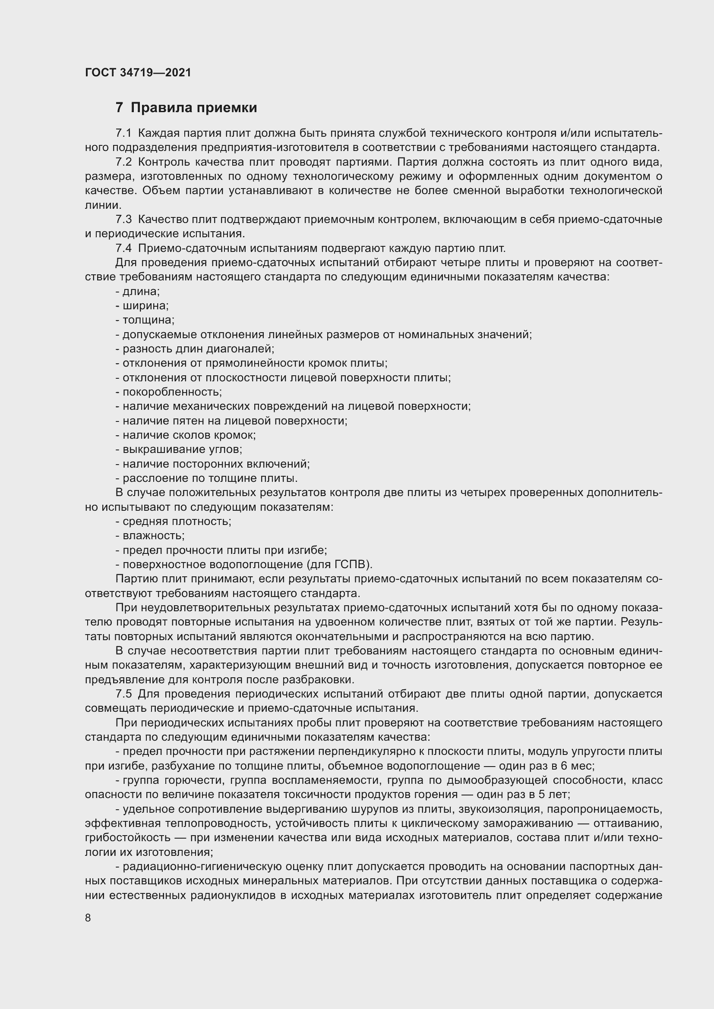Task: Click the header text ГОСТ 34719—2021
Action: (138, 72)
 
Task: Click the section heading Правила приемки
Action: (193, 108)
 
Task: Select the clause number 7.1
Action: (123, 133)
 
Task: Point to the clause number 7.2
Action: (123, 162)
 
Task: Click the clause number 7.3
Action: (123, 219)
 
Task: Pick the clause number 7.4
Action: (123, 248)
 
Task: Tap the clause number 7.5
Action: (123, 694)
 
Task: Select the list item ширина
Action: (144, 306)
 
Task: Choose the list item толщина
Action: (147, 320)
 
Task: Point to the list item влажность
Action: (152, 536)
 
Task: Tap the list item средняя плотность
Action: (175, 521)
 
